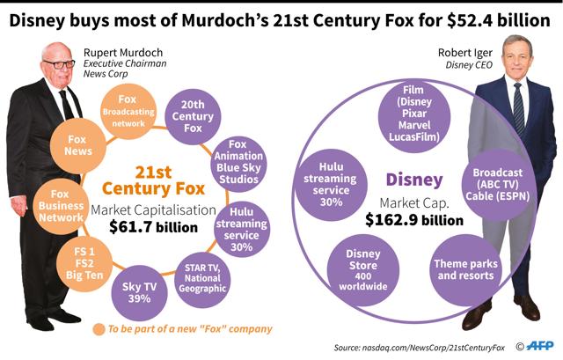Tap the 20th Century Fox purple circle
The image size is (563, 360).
tap(193, 116)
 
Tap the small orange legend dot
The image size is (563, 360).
tap(100, 329)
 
